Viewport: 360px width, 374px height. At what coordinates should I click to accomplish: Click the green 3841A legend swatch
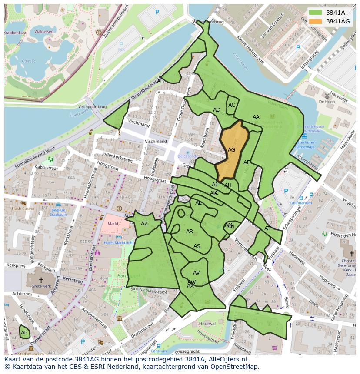click(x=316, y=13)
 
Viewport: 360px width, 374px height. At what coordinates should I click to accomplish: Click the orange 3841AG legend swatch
click(x=316, y=21)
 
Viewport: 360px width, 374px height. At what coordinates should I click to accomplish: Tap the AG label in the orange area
click(x=231, y=150)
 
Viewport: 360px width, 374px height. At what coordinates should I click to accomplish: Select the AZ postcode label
click(x=144, y=224)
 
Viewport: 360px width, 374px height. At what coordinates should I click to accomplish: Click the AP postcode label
click(x=24, y=333)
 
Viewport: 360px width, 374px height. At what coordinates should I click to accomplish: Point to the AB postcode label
click(x=160, y=81)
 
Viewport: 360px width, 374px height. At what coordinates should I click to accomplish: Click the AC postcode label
click(x=232, y=105)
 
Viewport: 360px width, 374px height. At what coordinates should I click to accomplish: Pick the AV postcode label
click(x=196, y=273)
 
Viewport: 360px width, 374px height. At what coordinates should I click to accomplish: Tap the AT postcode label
click(x=267, y=228)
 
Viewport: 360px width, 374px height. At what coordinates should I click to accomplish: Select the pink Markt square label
click(x=113, y=224)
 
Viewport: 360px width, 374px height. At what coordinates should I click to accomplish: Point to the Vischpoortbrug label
click(x=92, y=106)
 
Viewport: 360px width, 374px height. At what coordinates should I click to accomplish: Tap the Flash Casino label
click(x=22, y=209)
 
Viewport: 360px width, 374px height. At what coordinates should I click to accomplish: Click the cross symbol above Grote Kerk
click(x=41, y=280)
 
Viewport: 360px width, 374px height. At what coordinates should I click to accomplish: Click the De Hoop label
click(x=327, y=101)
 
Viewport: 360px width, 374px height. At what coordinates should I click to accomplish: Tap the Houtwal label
click(x=207, y=324)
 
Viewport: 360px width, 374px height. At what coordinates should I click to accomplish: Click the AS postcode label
click(x=197, y=246)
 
